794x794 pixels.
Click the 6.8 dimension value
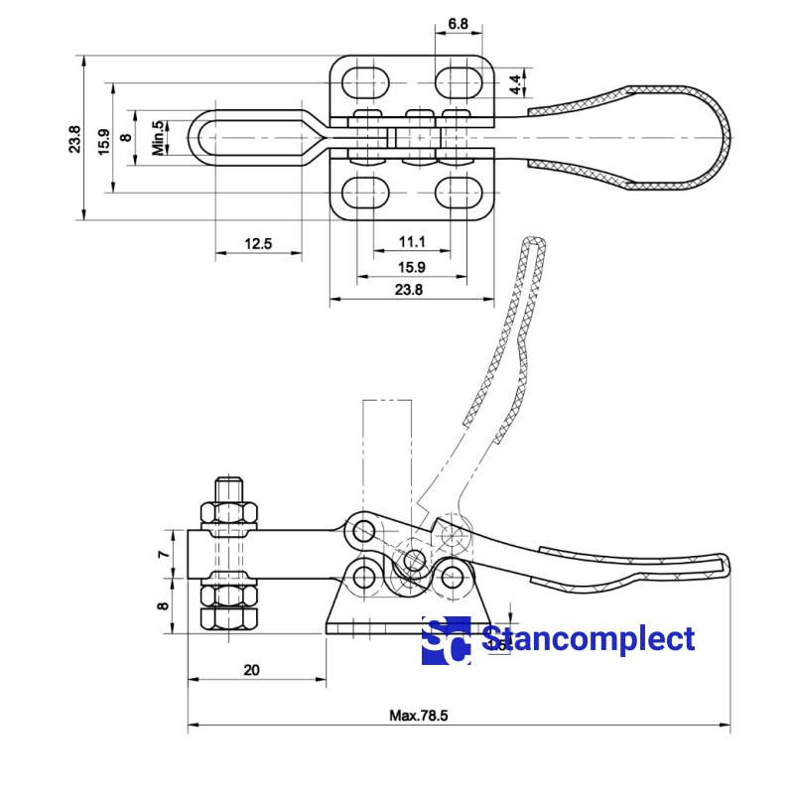(458, 21)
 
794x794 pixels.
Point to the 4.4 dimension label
(516, 84)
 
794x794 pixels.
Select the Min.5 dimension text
(158, 139)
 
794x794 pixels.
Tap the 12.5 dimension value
(257, 242)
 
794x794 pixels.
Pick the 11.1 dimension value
(413, 242)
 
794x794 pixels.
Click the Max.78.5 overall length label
(419, 716)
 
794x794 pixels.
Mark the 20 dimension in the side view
(251, 670)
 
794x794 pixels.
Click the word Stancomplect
(588, 640)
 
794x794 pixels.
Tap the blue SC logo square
(446, 641)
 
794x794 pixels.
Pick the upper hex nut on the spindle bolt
(230, 514)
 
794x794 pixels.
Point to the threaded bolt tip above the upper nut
(230, 489)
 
